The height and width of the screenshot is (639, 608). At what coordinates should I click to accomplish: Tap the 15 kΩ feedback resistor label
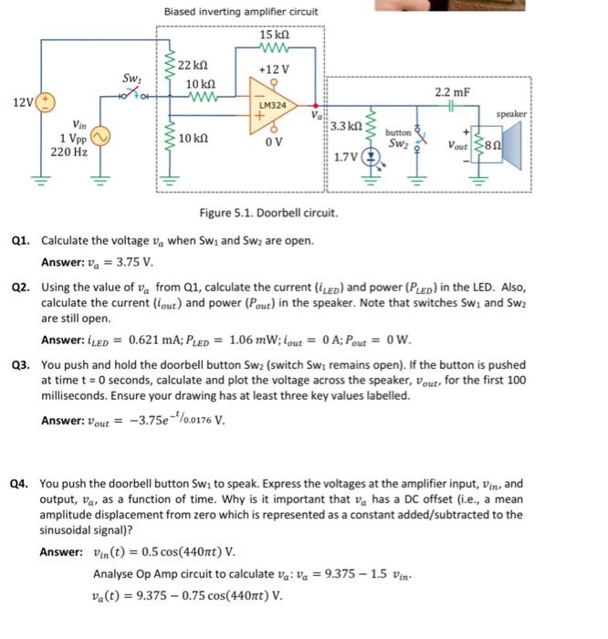click(x=274, y=35)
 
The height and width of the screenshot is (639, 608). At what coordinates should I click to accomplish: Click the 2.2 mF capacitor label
click(x=454, y=91)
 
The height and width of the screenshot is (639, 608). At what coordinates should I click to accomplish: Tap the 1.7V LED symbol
click(x=371, y=155)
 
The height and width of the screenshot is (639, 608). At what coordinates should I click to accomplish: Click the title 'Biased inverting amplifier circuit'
click(x=241, y=12)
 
